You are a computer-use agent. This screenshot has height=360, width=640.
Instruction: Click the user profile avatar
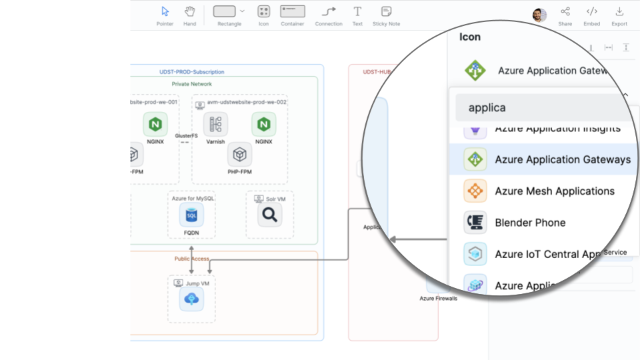pyautogui.click(x=539, y=15)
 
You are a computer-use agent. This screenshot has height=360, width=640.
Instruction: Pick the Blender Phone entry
pyautogui.click(x=530, y=223)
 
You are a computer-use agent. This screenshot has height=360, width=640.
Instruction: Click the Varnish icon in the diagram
pyautogui.click(x=215, y=124)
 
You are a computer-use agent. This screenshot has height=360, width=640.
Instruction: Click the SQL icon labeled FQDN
pyautogui.click(x=191, y=215)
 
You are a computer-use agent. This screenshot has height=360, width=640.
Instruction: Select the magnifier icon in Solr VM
pyautogui.click(x=270, y=215)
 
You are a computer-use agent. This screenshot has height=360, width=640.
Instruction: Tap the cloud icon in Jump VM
pyautogui.click(x=191, y=299)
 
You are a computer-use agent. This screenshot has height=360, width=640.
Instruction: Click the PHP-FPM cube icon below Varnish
pyautogui.click(x=239, y=154)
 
